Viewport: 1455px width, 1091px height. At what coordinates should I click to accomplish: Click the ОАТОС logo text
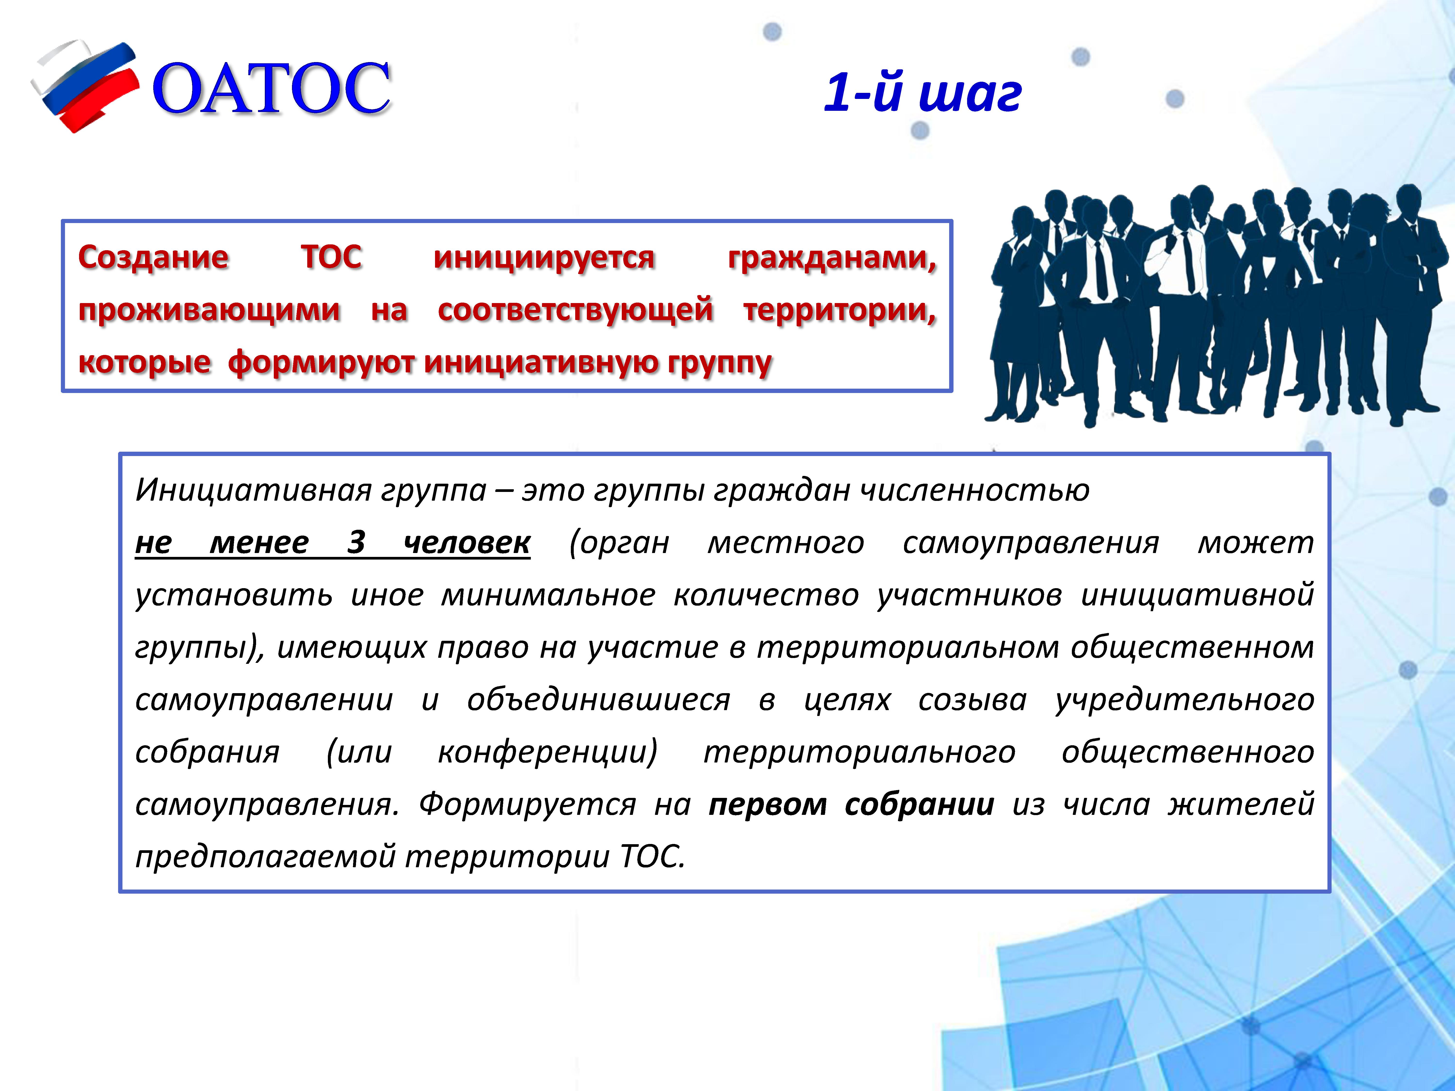point(272,89)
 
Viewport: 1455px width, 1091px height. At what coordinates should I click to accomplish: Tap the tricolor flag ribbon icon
point(86,86)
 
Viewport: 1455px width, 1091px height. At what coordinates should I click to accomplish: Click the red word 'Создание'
point(153,257)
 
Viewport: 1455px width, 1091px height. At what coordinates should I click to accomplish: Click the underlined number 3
point(356,543)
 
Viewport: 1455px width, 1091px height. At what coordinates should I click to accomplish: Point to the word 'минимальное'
point(548,595)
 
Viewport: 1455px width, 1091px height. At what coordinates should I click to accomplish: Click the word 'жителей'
point(1241,805)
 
